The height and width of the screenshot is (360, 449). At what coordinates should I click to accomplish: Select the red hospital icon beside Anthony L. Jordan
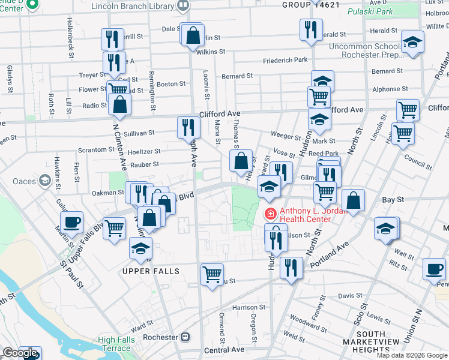[271, 213]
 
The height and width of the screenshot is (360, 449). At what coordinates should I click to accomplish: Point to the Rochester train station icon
[186, 337]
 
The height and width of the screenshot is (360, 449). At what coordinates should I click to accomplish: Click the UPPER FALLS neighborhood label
[151, 271]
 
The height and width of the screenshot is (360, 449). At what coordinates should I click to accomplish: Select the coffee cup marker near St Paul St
[71, 223]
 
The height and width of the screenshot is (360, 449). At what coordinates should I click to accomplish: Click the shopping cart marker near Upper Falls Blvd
[114, 228]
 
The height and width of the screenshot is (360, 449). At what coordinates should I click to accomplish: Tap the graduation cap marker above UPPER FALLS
[140, 248]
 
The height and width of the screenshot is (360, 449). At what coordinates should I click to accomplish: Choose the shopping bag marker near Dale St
[193, 35]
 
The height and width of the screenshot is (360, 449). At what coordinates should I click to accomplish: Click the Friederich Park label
[286, 60]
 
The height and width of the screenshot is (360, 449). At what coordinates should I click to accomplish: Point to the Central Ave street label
[224, 349]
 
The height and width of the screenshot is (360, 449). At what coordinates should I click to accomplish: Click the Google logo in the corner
[20, 353]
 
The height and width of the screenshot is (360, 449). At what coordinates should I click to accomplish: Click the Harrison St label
[244, 307]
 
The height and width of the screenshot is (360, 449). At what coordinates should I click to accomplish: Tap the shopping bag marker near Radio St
[120, 104]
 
